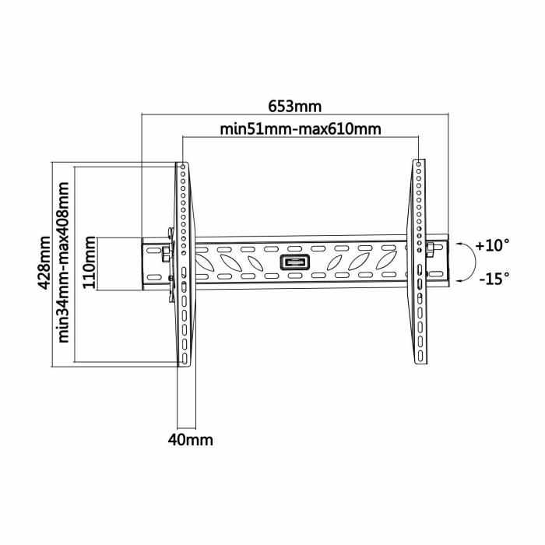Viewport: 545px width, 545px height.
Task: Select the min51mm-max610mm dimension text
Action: tap(301, 129)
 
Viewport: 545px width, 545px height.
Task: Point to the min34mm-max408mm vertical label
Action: tap(65, 263)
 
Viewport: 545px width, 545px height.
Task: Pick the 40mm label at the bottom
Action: tap(191, 440)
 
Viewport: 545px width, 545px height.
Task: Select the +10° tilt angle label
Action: tap(492, 245)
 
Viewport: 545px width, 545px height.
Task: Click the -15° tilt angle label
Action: tap(492, 277)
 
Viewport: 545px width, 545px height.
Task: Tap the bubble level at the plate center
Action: tap(294, 263)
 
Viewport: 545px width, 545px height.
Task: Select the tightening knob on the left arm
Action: tap(167, 250)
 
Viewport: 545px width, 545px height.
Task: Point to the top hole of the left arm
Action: tap(182, 167)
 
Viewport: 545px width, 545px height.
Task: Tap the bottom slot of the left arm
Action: tap(184, 358)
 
